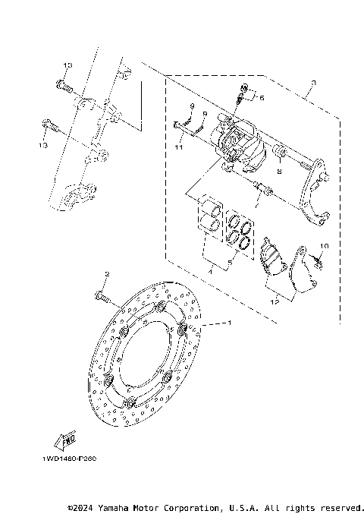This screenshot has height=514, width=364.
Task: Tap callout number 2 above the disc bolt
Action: (x=107, y=274)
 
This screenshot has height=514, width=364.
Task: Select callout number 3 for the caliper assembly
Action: (x=312, y=83)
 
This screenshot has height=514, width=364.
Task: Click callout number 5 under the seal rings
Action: (x=232, y=263)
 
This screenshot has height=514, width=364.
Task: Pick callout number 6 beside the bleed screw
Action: (x=262, y=98)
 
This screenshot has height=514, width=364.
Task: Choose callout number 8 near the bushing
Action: (x=279, y=172)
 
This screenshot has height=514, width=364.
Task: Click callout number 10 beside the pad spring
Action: (x=324, y=248)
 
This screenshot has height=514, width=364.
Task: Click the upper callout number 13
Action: (x=67, y=67)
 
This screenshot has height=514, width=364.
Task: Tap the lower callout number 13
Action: (x=44, y=144)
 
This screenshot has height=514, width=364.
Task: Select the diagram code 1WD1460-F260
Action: (x=64, y=459)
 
